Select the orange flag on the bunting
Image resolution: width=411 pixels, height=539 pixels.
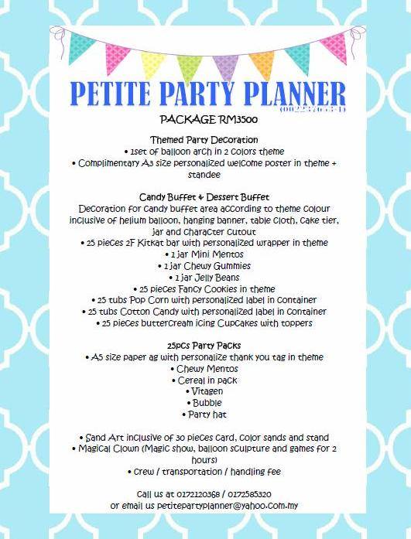coord(262,63)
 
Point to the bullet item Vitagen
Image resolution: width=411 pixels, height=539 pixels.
coord(206,391)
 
